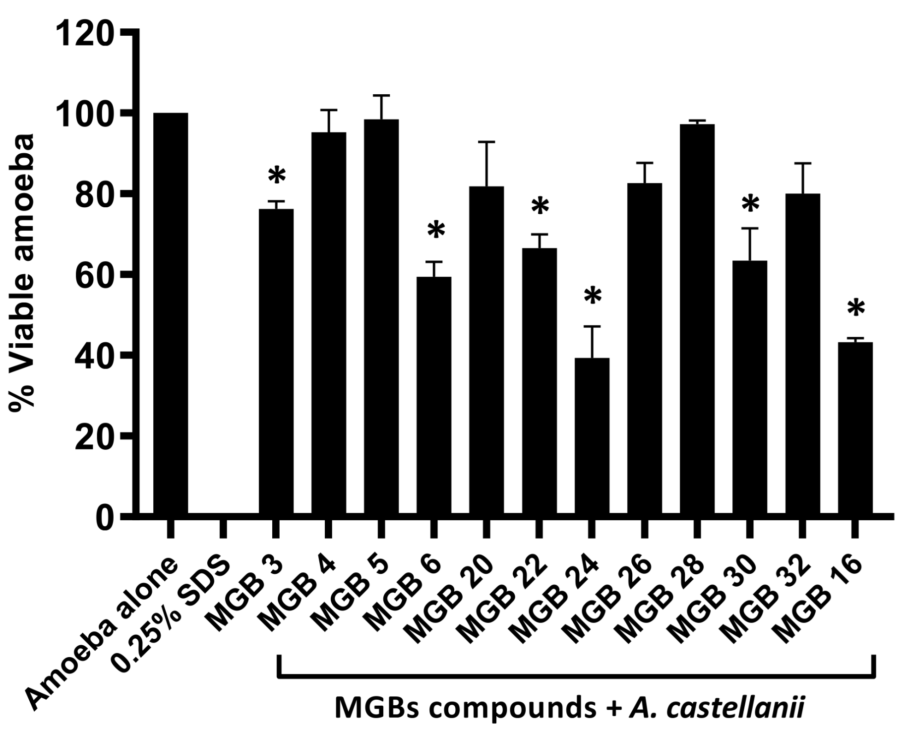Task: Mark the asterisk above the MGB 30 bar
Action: pyautogui.click(x=750, y=205)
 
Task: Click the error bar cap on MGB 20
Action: pyautogui.click(x=487, y=142)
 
